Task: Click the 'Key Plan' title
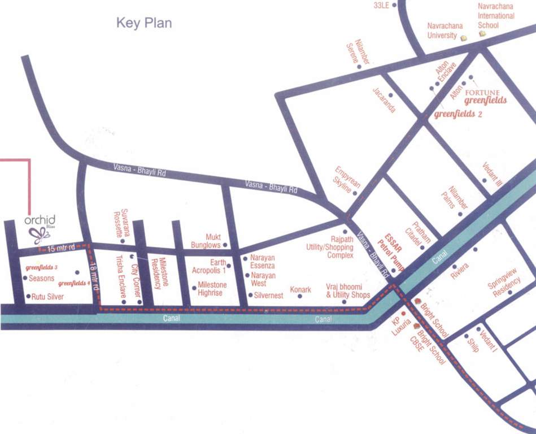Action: pyautogui.click(x=143, y=23)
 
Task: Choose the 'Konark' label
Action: pyautogui.click(x=300, y=290)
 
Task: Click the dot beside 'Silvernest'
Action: pyautogui.click(x=250, y=295)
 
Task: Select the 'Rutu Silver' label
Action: pyautogui.click(x=47, y=297)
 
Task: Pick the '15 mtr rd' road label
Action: pyautogui.click(x=61, y=248)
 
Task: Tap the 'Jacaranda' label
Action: pyautogui.click(x=384, y=99)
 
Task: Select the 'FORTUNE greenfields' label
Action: pyautogui.click(x=481, y=97)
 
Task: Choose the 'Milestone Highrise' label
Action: pyautogui.click(x=212, y=288)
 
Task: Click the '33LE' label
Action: pyautogui.click(x=382, y=5)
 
